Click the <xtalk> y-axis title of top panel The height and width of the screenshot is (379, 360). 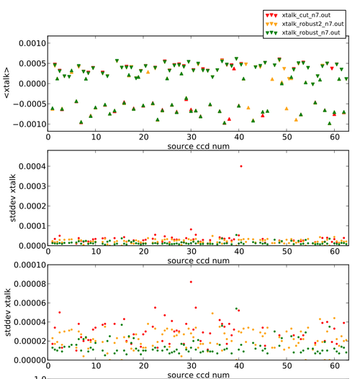[x=6, y=82]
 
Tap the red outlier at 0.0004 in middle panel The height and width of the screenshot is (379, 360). [x=240, y=166]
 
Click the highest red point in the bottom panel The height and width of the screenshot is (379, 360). [x=191, y=282]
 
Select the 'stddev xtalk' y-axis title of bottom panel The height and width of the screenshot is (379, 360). [x=6, y=311]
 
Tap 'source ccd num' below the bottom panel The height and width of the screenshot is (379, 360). [x=197, y=374]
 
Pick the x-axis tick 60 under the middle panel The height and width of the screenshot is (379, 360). [x=333, y=251]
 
